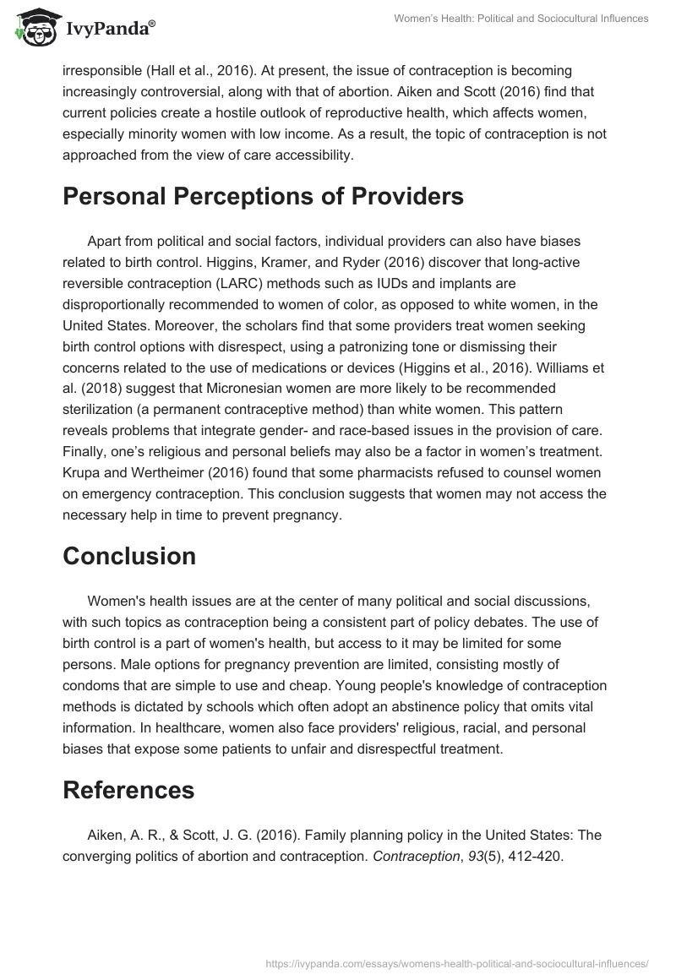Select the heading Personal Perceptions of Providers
pyautogui.click(x=251, y=196)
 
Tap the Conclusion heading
pyautogui.click(x=129, y=555)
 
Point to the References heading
pyautogui.click(x=128, y=789)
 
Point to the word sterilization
pyautogui.click(x=101, y=409)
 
